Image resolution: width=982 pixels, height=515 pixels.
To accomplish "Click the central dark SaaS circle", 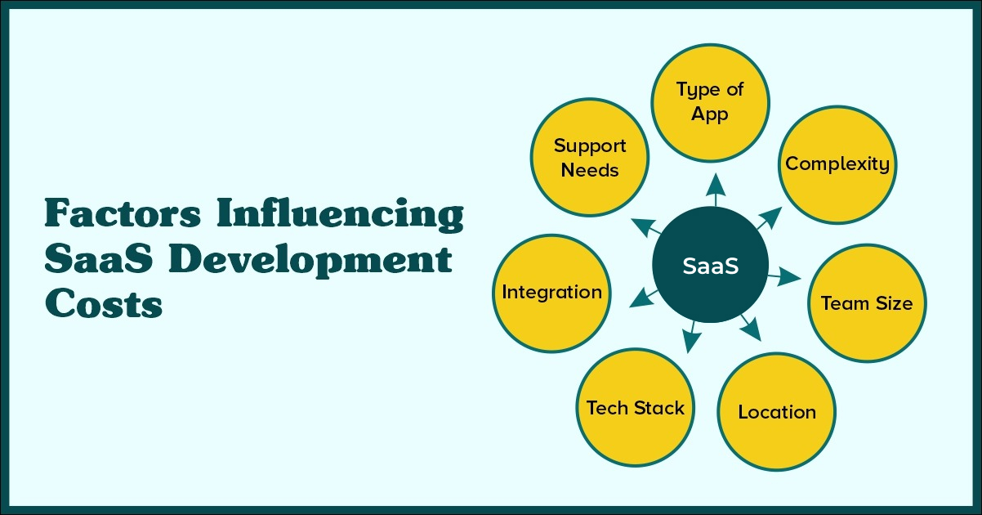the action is (710, 265).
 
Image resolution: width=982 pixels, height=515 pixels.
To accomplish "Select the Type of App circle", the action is (710, 103).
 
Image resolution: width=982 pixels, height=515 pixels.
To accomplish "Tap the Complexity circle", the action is (837, 164).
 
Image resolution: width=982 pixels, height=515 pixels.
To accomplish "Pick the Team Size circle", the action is (867, 303).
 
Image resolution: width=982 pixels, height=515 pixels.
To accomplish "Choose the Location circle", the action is (777, 412).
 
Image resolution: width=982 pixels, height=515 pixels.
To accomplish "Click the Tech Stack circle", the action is (636, 408).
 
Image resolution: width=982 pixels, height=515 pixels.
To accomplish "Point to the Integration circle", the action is (551, 293).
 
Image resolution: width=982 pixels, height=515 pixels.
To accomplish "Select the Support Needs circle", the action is (590, 157).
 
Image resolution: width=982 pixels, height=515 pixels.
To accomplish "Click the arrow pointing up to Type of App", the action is (716, 190).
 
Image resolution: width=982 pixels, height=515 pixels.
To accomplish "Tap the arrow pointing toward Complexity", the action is (769, 218).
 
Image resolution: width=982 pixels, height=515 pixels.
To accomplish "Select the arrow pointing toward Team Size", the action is (784, 277).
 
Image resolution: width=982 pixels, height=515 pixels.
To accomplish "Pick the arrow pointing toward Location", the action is (752, 327).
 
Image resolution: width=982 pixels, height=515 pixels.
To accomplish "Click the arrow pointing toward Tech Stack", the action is (691, 337).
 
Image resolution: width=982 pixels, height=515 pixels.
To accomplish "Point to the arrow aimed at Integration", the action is (644, 298).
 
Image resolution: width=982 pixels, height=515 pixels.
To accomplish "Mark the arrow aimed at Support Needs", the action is (646, 228).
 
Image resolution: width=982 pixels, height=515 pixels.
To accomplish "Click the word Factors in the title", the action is (123, 213).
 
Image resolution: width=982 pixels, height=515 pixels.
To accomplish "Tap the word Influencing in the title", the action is (340, 213).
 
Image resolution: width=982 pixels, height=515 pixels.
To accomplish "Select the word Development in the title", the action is (310, 262).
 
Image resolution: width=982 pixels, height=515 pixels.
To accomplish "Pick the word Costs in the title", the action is (104, 303).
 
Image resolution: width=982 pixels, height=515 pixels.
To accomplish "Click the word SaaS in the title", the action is (99, 258).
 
